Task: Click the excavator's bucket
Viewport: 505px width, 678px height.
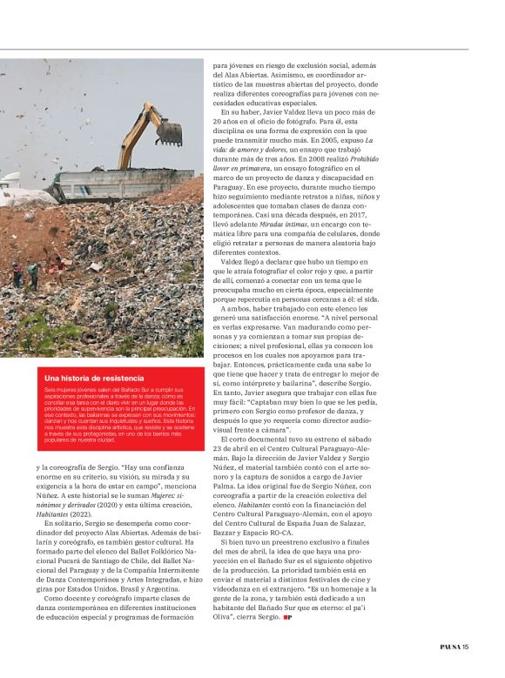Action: tap(169, 132)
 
